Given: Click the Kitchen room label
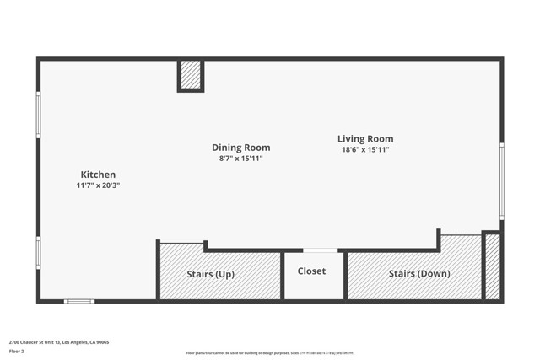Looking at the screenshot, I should tap(98, 175).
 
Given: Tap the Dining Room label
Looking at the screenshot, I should tap(240, 148).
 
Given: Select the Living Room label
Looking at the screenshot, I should tap(365, 139).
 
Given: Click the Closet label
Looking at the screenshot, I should tap(311, 271).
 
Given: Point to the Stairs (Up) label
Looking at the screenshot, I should tap(210, 274).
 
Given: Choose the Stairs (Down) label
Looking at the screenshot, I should tap(419, 274).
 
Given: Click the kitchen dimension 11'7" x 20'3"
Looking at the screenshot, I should tap(98, 185).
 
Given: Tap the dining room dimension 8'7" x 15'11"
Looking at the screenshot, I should tap(240, 159).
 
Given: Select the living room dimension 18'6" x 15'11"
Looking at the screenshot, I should tap(365, 150).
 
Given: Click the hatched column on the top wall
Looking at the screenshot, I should tap(191, 74).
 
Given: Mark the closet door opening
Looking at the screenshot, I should tap(321, 250).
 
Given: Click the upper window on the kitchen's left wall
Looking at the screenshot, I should tap(38, 115).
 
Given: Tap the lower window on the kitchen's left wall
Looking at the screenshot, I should tap(38, 253).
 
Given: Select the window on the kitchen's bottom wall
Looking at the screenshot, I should tap(79, 301).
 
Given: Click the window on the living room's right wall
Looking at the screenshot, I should tap(501, 181).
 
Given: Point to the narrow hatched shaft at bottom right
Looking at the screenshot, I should tap(493, 266).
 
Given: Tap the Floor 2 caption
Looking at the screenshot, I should tap(17, 351).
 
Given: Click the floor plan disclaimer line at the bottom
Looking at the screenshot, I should tap(269, 353).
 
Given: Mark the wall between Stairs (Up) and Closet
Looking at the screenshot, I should tap(283, 275).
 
